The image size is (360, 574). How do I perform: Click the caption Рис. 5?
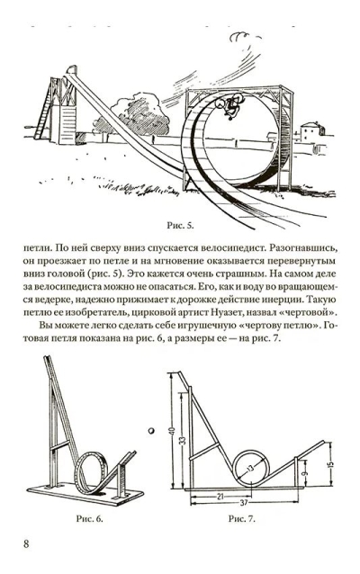pos(180,226)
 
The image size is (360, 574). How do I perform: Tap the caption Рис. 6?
pos(89,518)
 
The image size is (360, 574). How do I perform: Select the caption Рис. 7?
pos(242,518)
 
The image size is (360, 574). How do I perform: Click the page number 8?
pos(26,543)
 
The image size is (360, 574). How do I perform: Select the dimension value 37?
pos(244,503)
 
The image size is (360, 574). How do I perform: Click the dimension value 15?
pos(330,464)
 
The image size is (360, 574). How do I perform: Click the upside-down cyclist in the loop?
pos(229,105)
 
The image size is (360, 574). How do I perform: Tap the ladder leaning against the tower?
pos(43,109)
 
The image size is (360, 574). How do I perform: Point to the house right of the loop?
pos(312,131)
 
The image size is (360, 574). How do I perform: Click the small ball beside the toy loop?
pos(151,431)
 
